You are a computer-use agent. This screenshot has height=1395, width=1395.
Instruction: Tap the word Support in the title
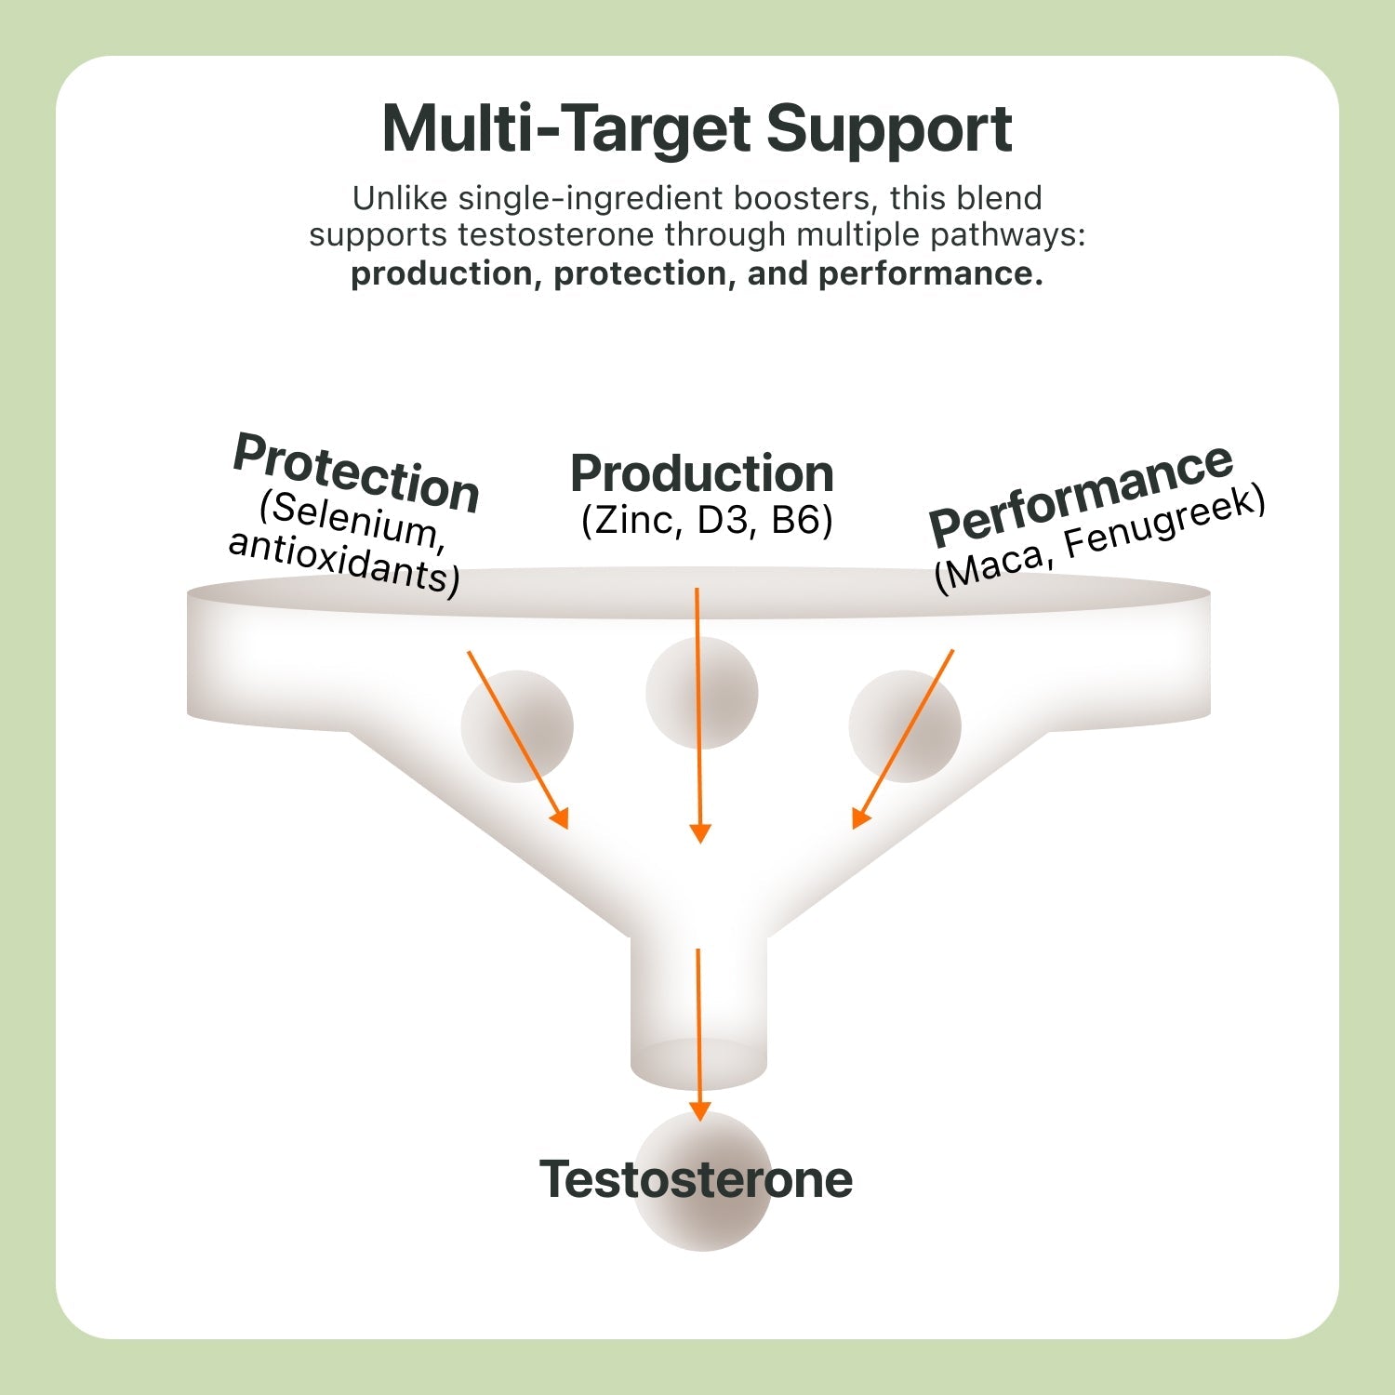coord(889,129)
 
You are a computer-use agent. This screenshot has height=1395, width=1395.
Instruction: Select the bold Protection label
coord(356,473)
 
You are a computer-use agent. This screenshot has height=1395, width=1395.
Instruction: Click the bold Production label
coord(701,473)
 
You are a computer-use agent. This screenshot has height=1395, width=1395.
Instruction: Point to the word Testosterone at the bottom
coord(697,1179)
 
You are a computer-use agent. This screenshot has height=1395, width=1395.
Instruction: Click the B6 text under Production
coord(798,520)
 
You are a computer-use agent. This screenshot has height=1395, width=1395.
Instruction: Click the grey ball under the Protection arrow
coord(517,726)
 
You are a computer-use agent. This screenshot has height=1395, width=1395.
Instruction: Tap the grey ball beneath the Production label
coord(702,693)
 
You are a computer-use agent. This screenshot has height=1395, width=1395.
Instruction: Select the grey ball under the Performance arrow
coord(905,726)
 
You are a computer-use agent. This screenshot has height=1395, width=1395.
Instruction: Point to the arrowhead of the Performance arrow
coord(860,819)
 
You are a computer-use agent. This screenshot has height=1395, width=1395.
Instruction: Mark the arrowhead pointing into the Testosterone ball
coord(699,1112)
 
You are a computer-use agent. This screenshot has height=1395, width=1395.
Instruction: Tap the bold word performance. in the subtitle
coord(931,273)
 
